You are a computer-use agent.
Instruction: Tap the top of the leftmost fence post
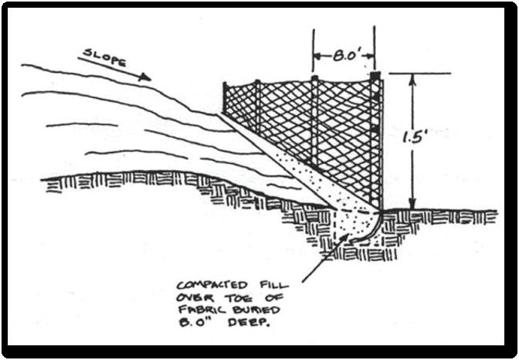pos(225,83)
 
